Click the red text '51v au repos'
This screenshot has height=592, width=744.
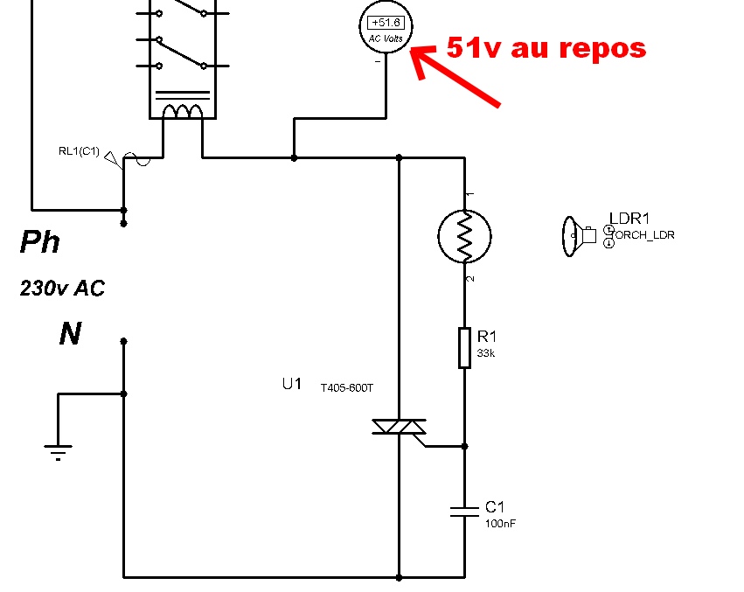546,47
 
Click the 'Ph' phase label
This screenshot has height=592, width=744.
40,242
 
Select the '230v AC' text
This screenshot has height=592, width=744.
62,288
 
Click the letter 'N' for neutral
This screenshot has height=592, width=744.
70,333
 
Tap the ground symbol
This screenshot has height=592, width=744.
59,450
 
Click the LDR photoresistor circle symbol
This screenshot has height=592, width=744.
464,235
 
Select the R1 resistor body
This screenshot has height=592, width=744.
464,348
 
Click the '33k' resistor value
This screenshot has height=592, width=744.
486,353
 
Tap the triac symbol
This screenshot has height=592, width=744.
399,427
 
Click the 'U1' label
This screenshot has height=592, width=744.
291,384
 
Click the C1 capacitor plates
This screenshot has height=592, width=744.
464,511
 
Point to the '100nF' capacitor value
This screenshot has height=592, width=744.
501,523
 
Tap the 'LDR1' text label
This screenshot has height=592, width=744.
629,219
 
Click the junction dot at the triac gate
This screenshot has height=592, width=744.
464,446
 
